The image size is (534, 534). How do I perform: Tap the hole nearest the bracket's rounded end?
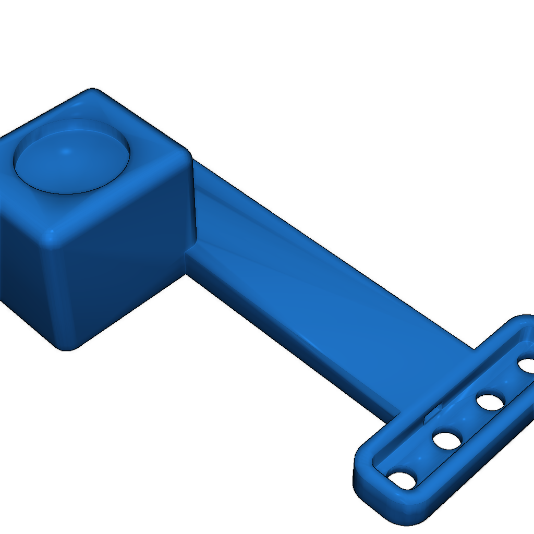click(x=403, y=480)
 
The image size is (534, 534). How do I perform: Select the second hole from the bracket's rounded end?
click(x=447, y=441)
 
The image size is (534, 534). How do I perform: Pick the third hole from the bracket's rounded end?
click(x=490, y=402)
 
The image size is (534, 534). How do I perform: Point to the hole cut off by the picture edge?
click(x=527, y=365)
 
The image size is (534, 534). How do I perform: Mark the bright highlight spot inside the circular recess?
click(x=66, y=152)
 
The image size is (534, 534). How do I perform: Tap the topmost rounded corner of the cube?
click(x=93, y=94)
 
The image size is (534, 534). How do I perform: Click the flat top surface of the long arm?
click(x=313, y=292)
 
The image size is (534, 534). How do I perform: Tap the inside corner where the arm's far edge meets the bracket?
click(x=474, y=348)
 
